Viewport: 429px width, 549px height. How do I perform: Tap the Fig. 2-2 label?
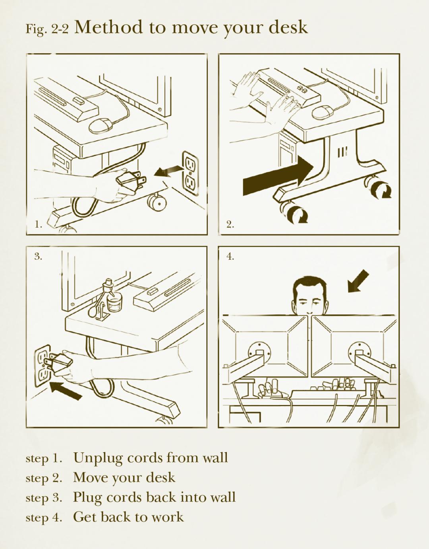click(47, 29)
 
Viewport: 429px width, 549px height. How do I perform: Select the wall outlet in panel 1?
click(190, 173)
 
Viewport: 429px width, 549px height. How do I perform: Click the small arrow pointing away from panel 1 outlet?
click(168, 171)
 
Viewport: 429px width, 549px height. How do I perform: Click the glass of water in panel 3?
click(115, 303)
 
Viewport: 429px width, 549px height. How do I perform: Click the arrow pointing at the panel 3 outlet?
click(66, 390)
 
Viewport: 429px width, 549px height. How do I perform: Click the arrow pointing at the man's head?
click(358, 281)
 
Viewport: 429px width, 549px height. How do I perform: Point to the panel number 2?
click(230, 224)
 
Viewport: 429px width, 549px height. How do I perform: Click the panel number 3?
click(38, 257)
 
